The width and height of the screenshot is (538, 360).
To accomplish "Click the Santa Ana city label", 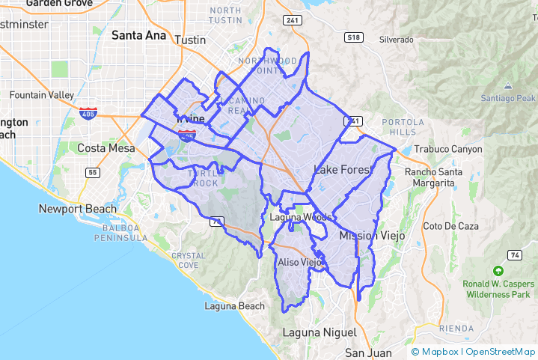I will (140, 34).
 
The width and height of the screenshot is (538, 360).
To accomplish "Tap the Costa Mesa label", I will (106, 148).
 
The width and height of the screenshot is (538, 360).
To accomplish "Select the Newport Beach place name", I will (78, 209).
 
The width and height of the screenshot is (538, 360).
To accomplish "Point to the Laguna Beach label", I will (235, 306).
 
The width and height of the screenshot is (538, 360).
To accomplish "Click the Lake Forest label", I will (343, 171).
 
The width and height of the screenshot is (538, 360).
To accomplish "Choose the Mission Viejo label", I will (372, 236).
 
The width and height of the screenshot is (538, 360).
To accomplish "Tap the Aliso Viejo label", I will (299, 263).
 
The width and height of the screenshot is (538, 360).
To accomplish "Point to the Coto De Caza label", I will (444, 226).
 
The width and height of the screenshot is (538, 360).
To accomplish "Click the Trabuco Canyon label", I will (448, 149).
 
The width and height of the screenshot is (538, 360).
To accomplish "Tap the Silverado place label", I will (397, 39).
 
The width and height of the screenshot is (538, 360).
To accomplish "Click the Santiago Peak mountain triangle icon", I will (508, 86).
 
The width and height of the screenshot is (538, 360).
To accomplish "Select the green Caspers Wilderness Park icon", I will (498, 270).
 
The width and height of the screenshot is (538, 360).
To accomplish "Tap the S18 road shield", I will (353, 37).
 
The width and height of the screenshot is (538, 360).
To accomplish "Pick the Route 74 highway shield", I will (516, 255).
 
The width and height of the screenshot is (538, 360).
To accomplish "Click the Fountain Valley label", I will (42, 95).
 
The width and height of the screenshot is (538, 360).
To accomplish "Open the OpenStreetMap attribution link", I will (501, 351).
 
